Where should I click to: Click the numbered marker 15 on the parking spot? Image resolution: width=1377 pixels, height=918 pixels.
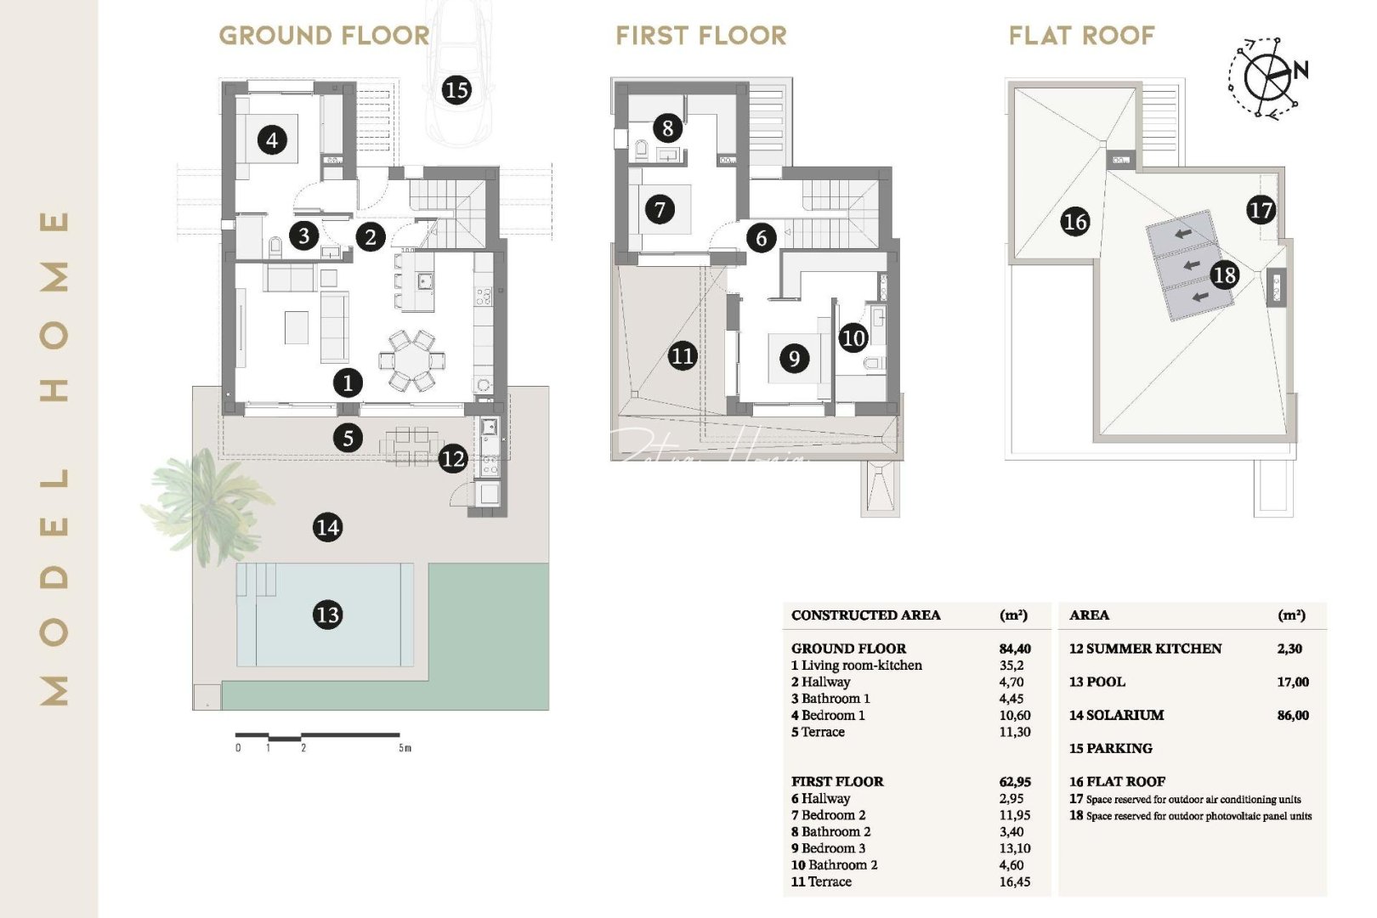(x=456, y=89)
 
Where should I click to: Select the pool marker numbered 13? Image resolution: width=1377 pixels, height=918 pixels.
(x=327, y=614)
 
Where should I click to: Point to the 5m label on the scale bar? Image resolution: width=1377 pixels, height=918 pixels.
(x=405, y=748)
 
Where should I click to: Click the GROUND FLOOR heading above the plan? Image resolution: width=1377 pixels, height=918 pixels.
(x=324, y=36)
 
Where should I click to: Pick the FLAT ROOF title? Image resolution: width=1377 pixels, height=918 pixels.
(x=1081, y=36)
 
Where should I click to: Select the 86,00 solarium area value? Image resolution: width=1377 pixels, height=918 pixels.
(x=1292, y=716)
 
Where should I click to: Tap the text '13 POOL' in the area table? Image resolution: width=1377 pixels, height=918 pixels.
(x=1096, y=682)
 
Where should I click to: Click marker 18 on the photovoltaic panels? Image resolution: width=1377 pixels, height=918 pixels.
(x=1224, y=275)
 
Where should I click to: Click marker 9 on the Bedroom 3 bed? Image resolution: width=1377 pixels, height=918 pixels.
(x=794, y=358)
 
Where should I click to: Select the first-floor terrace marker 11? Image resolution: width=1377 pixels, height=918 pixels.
(x=683, y=355)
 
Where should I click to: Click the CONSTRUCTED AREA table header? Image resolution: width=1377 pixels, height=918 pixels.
(x=865, y=615)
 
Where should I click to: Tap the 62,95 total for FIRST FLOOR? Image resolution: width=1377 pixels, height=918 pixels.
(x=1015, y=782)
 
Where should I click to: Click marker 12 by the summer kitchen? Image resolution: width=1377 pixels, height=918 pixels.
(x=453, y=459)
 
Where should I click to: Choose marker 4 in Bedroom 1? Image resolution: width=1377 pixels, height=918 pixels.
(x=272, y=139)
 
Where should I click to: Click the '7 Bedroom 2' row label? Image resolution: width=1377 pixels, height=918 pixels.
(x=828, y=815)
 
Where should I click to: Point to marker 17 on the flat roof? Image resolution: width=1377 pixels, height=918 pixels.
(x=1261, y=210)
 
